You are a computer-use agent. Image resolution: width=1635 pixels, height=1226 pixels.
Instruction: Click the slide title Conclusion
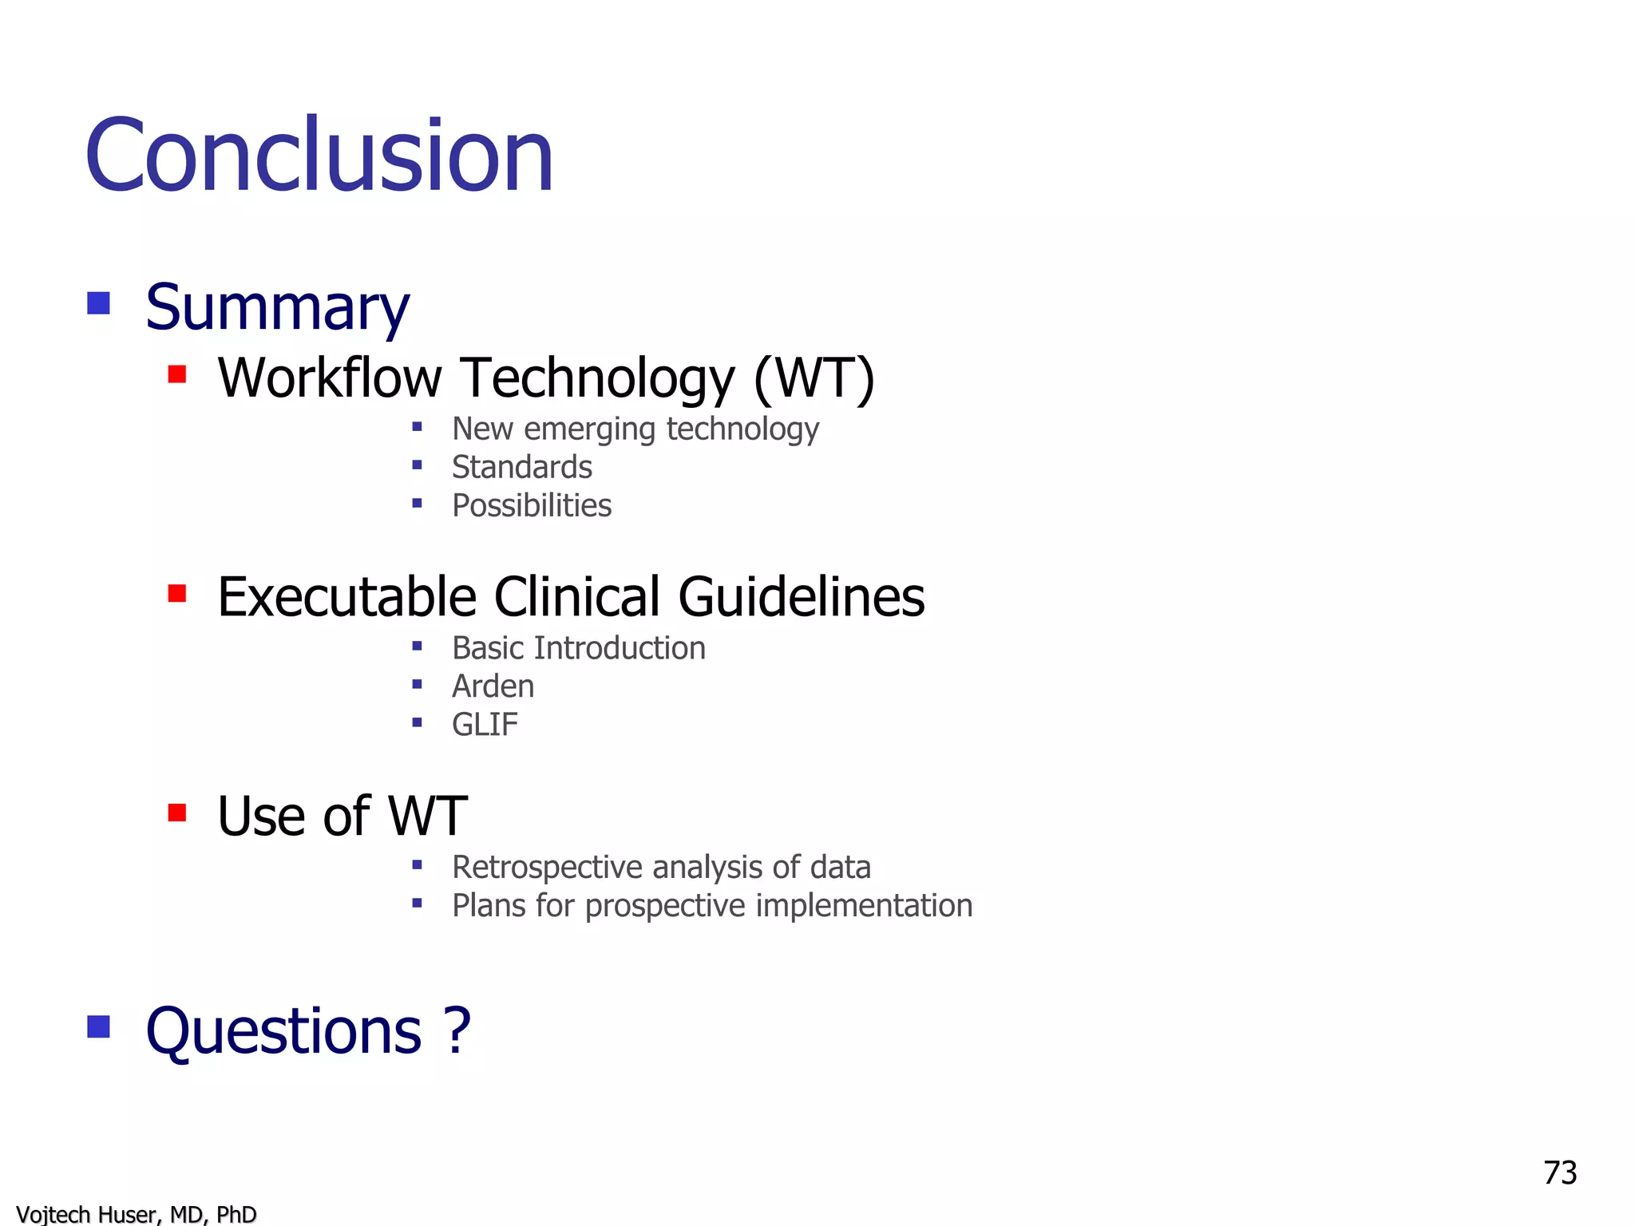tap(319, 155)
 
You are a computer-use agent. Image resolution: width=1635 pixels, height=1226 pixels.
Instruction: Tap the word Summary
tap(277, 307)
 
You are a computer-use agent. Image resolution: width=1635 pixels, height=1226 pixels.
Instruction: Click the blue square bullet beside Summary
tap(98, 303)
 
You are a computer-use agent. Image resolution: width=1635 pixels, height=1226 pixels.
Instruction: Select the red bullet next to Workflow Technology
tap(177, 374)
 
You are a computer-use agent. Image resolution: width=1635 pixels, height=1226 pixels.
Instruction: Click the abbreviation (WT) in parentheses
tap(814, 378)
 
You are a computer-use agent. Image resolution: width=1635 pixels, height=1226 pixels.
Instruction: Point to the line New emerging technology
tap(635, 429)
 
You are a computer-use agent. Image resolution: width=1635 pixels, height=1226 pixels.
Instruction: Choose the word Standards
tap(521, 468)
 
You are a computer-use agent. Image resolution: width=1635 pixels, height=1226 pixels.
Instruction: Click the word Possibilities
tap(532, 506)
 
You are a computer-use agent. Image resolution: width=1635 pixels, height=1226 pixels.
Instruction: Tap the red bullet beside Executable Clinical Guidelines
tap(177, 593)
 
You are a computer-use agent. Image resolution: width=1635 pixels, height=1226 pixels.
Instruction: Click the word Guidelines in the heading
tap(802, 597)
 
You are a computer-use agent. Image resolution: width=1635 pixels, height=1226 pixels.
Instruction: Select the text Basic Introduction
tap(578, 648)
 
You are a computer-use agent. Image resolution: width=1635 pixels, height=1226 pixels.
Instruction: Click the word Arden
tap(493, 686)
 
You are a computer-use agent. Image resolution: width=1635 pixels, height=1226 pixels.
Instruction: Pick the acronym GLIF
tap(485, 725)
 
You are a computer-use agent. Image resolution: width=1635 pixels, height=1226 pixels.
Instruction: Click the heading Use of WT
tap(342, 817)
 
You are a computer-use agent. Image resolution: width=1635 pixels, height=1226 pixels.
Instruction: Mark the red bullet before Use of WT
tap(177, 813)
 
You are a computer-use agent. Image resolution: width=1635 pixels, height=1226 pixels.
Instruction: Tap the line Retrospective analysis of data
tap(661, 868)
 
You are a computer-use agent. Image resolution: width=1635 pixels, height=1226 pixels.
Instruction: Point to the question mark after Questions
tap(458, 1030)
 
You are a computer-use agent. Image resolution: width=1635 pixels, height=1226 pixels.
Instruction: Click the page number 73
tap(1560, 1173)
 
